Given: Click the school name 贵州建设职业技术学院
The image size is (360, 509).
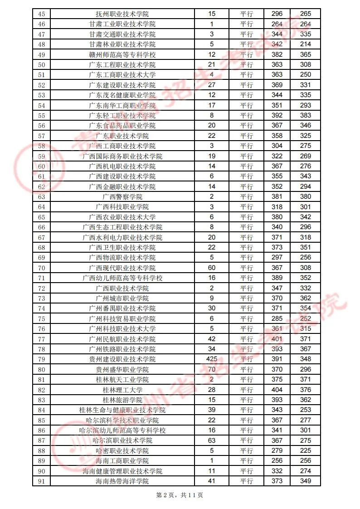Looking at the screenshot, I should (122, 359).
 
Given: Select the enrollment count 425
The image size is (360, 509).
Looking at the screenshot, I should (211, 359).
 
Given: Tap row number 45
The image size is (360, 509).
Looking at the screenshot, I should (42, 14).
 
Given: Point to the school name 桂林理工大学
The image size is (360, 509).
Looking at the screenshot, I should (122, 390).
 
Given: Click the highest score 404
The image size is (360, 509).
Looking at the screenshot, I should (277, 390).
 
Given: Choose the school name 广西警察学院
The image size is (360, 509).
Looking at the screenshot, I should (122, 197).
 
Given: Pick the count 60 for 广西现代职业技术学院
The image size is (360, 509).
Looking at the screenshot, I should (211, 268).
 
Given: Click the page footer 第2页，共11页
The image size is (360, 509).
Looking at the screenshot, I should (180, 495).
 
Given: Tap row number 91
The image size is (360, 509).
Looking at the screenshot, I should (42, 481).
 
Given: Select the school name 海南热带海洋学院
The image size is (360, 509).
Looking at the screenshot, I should (122, 481).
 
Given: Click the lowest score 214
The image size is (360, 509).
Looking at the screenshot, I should (306, 44).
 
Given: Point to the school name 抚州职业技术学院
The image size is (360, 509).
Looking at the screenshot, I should (122, 14).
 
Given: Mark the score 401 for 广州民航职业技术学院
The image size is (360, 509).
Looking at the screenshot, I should (277, 339).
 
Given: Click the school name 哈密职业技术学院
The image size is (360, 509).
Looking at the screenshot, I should (122, 451).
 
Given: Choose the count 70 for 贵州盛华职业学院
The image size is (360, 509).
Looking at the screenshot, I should (211, 369).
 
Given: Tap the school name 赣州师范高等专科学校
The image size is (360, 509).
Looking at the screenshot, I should (122, 54).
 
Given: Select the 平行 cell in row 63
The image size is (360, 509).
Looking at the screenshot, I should (246, 197).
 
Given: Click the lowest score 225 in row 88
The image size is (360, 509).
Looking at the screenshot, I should (306, 451).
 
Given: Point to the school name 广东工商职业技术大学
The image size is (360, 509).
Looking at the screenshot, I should (122, 75).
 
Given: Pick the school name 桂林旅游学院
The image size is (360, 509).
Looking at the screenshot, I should (122, 400).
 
